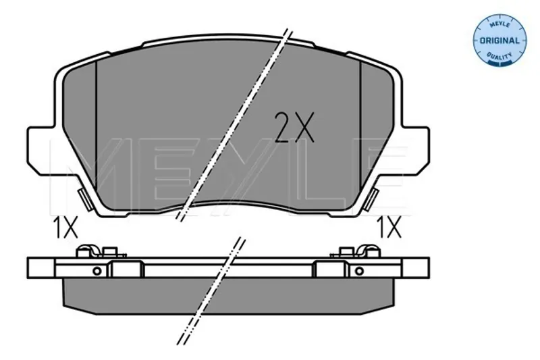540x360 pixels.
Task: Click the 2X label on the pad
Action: [294, 128]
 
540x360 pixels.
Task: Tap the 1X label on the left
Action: [65, 228]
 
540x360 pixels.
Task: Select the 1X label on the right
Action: [389, 228]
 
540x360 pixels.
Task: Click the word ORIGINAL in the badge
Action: [500, 41]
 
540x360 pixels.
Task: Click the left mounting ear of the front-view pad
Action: [41, 150]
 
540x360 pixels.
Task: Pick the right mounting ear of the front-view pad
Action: [416, 150]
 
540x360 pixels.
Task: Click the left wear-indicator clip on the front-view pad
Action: [84, 200]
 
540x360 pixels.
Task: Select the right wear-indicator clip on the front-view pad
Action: [372, 199]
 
